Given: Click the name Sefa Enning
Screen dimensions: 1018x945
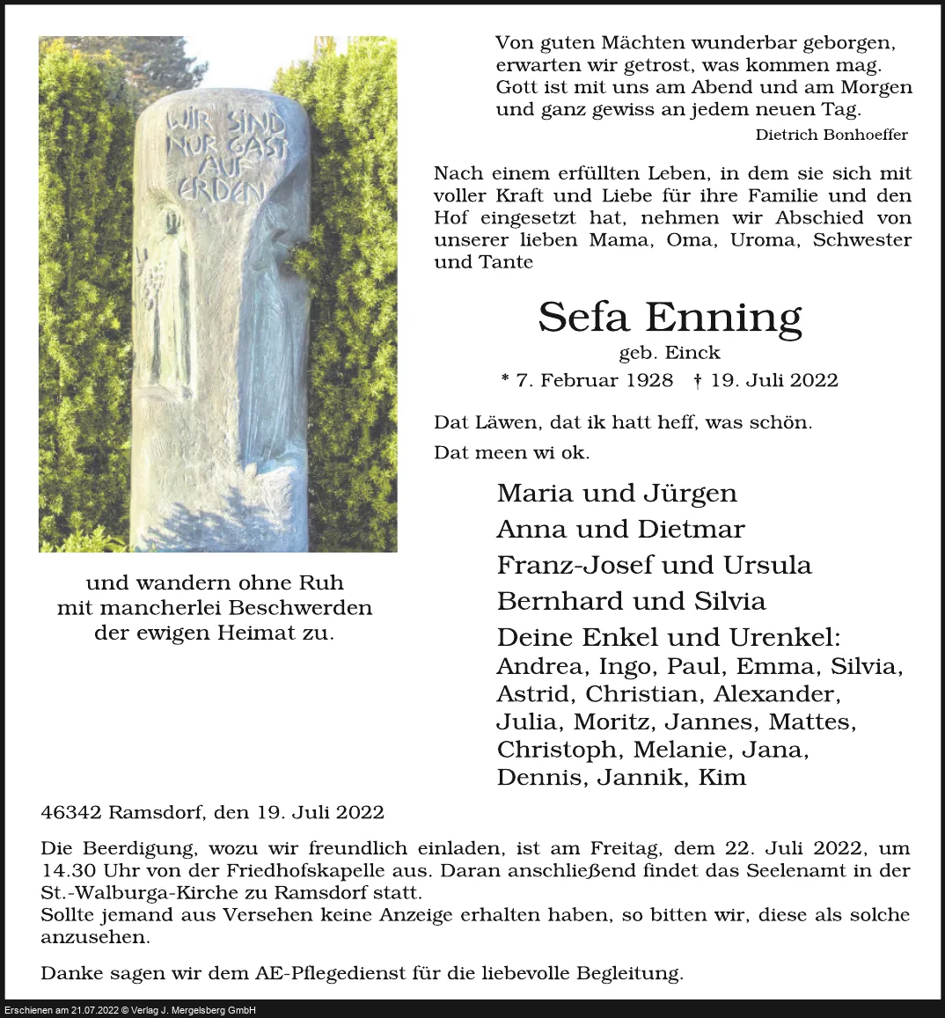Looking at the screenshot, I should (670, 318).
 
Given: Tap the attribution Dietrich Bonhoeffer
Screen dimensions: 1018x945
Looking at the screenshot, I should (831, 135).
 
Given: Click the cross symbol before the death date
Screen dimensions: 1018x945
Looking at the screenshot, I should (697, 380).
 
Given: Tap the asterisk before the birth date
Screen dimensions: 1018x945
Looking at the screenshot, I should (505, 380).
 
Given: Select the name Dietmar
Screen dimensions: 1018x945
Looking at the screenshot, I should (691, 529).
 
